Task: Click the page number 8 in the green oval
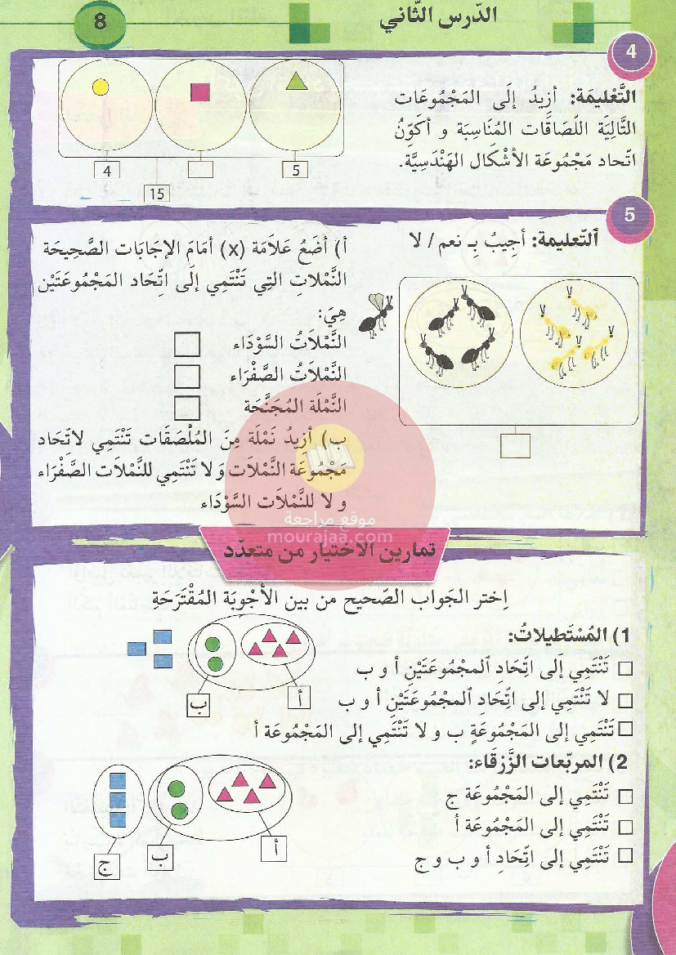click(100, 22)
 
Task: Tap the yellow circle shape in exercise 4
click(101, 87)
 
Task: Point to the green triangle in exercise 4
click(295, 81)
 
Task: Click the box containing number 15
click(155, 194)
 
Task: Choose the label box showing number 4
click(107, 171)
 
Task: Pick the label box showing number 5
click(296, 171)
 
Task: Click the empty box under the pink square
click(201, 171)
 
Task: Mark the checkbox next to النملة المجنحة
click(189, 406)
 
